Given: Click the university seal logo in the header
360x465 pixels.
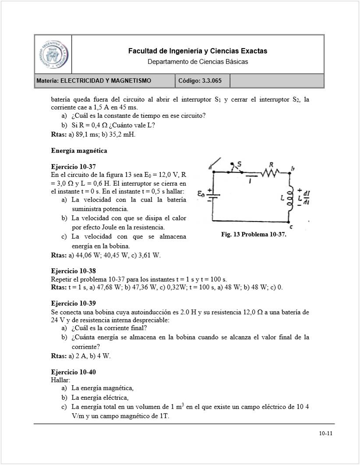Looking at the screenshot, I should point(53,55).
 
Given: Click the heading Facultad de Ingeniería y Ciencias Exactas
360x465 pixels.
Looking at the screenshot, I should point(198,51).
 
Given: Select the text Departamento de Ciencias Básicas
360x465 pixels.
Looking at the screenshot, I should point(198,62).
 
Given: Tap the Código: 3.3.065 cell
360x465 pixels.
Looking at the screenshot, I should point(202,81).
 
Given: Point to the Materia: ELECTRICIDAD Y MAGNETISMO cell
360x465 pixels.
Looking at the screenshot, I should point(104,81).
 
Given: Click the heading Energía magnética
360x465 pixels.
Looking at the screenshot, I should point(79,151).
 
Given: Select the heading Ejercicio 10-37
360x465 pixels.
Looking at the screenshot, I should point(73,167).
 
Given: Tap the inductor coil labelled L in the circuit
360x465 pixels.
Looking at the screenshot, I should point(290,199).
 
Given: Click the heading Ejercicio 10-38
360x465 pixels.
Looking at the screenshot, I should point(73,271).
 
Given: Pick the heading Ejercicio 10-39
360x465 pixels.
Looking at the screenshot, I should point(73,303).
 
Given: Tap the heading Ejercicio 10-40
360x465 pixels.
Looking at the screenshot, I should point(73,372).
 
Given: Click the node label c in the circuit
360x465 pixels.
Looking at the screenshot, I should point(292,226).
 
